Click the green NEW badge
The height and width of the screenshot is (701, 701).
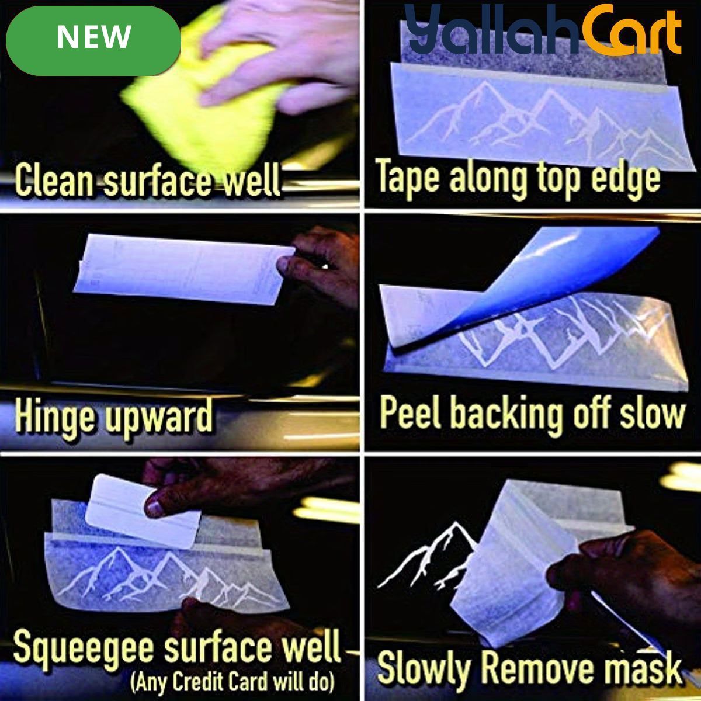(x=93, y=41)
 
